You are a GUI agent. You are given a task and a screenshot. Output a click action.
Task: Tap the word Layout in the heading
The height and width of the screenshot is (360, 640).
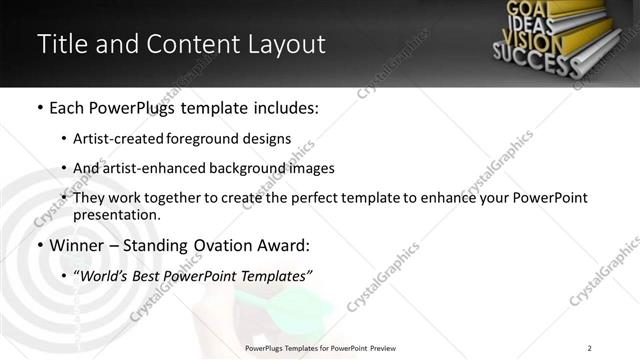pos(282,45)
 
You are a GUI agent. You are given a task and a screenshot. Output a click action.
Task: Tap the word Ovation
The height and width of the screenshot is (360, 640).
pos(226,245)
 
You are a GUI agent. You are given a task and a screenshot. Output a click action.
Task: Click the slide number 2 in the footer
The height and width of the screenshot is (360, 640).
pos(590,348)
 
